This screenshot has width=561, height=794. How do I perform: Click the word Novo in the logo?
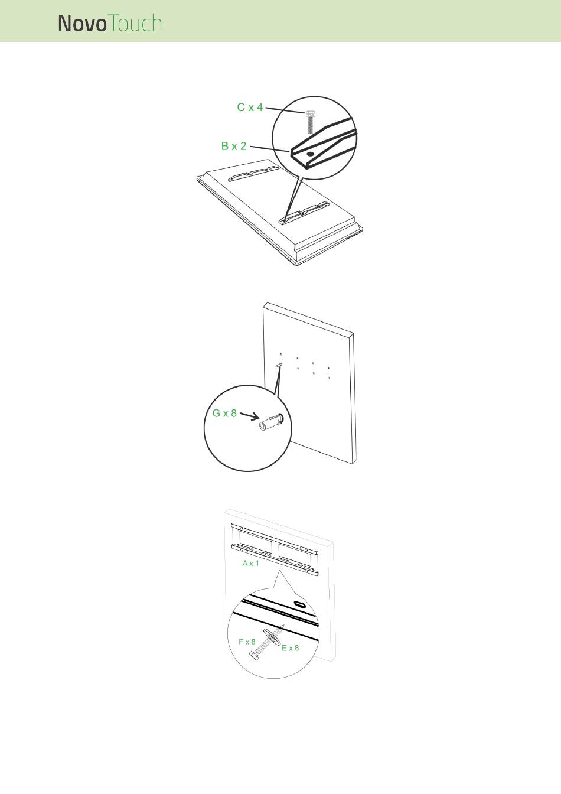pos(82,24)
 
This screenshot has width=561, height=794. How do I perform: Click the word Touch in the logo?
pos(135,24)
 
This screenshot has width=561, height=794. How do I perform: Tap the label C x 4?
pos(250,107)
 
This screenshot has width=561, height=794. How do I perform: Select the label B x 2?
pos(234,146)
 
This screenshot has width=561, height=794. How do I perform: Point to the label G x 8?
pos(224,413)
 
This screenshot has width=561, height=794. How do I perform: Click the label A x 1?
pos(250,563)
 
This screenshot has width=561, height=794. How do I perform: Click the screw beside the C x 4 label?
pos(311,122)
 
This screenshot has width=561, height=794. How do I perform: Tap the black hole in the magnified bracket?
pos(311,154)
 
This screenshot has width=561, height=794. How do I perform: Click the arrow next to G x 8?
pos(249,415)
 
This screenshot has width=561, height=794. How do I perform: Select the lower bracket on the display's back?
pos(304,213)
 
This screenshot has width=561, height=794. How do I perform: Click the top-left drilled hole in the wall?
pos(280,354)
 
